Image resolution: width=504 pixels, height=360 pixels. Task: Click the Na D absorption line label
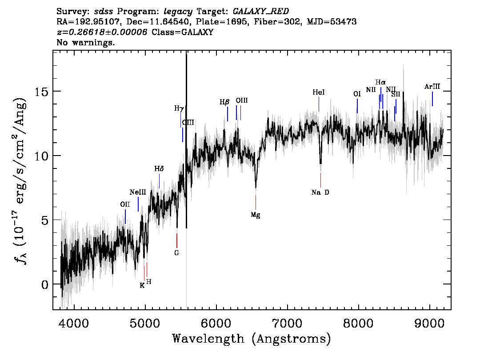tap(320, 192)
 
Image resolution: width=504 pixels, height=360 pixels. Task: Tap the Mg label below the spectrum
tap(256, 215)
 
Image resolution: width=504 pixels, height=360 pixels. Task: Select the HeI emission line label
tap(319, 92)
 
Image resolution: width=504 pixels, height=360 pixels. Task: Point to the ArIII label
tap(432, 87)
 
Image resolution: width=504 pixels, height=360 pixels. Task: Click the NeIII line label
tap(138, 192)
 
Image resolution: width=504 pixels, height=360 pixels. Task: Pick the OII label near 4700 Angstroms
tap(125, 204)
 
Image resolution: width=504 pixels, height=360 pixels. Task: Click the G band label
tap(176, 253)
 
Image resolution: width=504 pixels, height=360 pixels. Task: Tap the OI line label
tap(357, 94)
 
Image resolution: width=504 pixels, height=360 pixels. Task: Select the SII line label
tap(396, 94)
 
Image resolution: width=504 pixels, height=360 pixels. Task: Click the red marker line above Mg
tap(256, 202)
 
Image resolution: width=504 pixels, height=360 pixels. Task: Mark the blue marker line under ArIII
tap(432, 99)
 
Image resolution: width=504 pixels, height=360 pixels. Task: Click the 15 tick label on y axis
tap(41, 92)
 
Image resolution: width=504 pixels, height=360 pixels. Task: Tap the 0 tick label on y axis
tap(45, 284)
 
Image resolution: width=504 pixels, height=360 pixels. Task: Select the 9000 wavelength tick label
tap(429, 324)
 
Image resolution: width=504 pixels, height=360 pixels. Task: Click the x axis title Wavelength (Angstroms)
tap(252, 339)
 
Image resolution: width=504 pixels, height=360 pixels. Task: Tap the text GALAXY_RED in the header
tap(261, 12)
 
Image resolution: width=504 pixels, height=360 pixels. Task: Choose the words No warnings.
tap(85, 42)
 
